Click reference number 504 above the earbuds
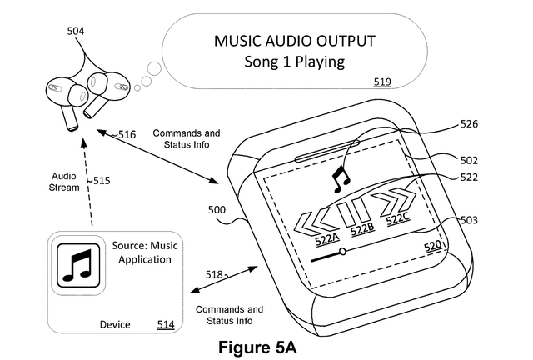point(76,32)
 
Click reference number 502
point(471,161)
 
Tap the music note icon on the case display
point(340,177)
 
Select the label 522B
point(361,229)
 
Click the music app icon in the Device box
point(77,262)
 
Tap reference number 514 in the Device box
point(166,323)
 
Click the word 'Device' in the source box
point(115,323)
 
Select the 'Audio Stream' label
point(66,182)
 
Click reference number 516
point(127,134)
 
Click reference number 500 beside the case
point(217,212)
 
